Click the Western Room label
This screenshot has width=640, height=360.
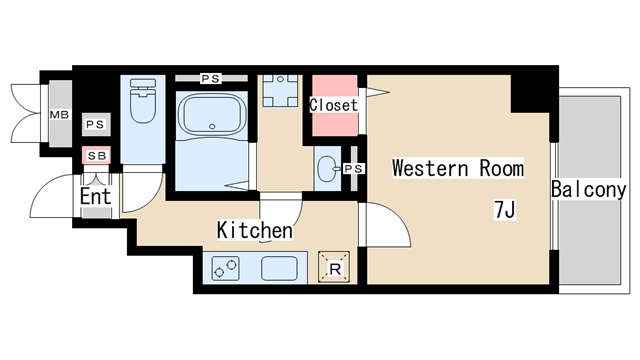tap(458, 168)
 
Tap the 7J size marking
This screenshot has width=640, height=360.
tap(505, 210)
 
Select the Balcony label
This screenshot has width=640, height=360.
tap(589, 189)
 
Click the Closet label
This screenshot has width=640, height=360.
tap(334, 105)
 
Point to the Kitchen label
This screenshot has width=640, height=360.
tap(255, 230)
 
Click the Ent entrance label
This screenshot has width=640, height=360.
tap(96, 197)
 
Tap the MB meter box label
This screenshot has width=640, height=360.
tap(59, 115)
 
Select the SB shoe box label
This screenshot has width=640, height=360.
tap(97, 156)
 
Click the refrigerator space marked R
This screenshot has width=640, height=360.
tap(334, 268)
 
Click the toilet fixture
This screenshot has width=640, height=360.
tap(143, 100)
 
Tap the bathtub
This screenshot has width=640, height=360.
tap(212, 114)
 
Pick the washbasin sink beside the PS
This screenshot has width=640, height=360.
tap(329, 168)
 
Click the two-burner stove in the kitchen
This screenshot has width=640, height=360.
tap(225, 268)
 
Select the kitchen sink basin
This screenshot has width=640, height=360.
tap(279, 268)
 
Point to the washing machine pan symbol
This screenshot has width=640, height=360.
tap(280, 91)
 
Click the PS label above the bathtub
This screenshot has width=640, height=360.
tap(211, 78)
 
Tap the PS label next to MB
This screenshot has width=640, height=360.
tap(96, 124)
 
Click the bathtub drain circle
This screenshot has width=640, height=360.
tap(212, 127)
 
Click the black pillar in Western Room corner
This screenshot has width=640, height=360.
tap(530, 93)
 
